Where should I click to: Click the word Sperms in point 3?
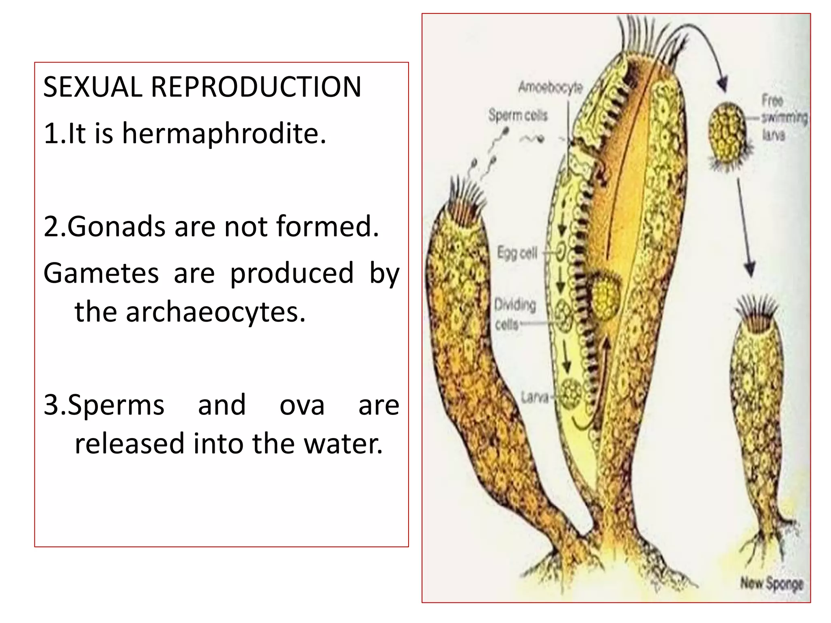tap(116, 405)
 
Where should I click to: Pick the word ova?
tap(302, 405)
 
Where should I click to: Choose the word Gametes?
tap(101, 273)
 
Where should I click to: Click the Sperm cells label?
tap(518, 115)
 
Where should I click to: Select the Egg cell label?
tap(517, 253)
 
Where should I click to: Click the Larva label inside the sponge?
tap(535, 397)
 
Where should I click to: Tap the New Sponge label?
tap(771, 584)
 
